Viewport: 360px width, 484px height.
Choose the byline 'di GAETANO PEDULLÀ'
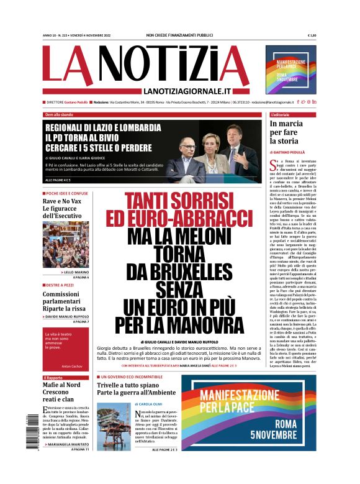[289, 152]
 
